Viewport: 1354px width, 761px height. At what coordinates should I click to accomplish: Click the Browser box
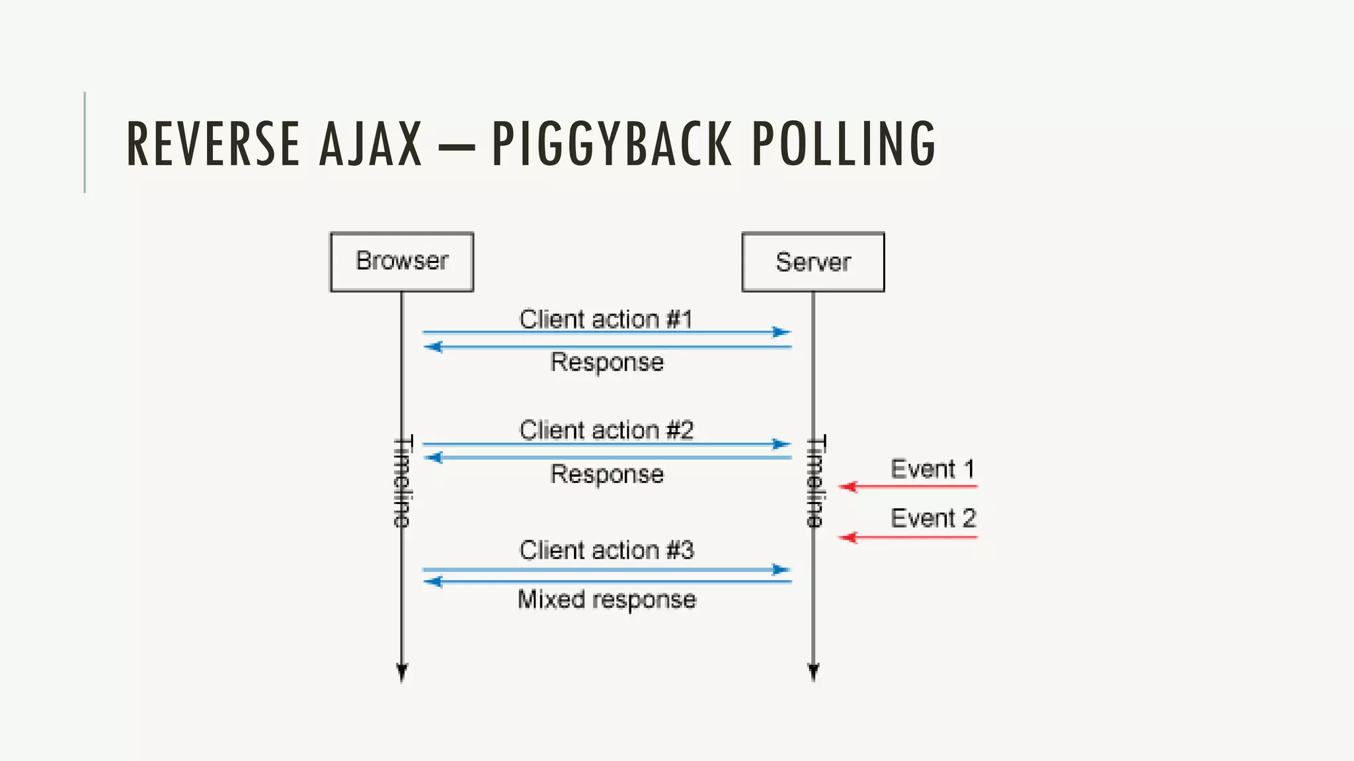pos(402,262)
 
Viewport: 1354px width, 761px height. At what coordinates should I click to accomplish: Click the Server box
pos(813,262)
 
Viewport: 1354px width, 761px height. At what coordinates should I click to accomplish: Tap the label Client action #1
pos(606,319)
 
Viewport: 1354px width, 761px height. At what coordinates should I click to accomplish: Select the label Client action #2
pos(606,430)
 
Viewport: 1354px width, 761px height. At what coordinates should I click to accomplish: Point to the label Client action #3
pos(606,550)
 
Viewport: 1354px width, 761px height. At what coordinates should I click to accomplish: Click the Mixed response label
pos(606,599)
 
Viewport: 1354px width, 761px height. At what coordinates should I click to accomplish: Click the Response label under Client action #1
pos(606,362)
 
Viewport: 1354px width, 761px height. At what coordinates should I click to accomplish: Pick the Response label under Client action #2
pos(606,474)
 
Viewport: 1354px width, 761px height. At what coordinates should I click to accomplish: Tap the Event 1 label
pos(932,469)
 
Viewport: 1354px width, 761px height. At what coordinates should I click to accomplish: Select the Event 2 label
pos(932,518)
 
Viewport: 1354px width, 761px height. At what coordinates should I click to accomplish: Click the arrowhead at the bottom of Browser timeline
pos(402,672)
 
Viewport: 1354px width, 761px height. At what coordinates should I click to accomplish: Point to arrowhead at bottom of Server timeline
pos(813,672)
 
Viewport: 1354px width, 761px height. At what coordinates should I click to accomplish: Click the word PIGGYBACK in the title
pos(612,143)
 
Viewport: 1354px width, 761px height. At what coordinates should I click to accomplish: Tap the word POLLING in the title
pos(844,143)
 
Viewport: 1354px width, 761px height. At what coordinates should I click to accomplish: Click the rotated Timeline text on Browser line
pos(402,481)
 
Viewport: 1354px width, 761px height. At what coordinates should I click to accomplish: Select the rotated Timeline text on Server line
pos(816,481)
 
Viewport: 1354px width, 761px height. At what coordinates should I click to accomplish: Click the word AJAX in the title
pos(370,143)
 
